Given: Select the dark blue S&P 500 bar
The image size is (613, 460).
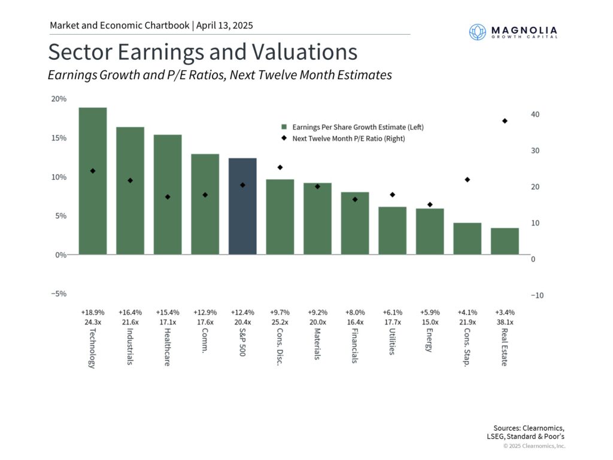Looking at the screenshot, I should pyautogui.click(x=242, y=206).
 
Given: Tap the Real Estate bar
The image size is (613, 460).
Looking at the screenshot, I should pyautogui.click(x=505, y=241).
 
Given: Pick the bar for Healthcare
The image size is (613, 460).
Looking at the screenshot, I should pyautogui.click(x=168, y=194).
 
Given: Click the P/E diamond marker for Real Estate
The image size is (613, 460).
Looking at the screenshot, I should pyautogui.click(x=505, y=121).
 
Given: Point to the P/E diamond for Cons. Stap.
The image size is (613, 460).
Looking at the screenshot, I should pyautogui.click(x=468, y=180).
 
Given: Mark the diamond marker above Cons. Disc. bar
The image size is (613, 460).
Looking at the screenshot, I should pyautogui.click(x=280, y=168).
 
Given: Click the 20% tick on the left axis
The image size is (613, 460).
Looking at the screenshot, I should pyautogui.click(x=59, y=99).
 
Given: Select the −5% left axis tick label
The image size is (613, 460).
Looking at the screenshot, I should pyautogui.click(x=59, y=294).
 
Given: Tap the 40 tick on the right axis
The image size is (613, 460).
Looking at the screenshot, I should pyautogui.click(x=536, y=114).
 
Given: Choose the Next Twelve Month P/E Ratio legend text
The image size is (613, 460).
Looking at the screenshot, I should pyautogui.click(x=348, y=139).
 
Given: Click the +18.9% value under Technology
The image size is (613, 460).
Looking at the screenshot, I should pyautogui.click(x=93, y=313).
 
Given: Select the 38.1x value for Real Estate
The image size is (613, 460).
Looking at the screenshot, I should pyautogui.click(x=505, y=322).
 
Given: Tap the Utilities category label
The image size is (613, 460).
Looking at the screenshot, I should pyautogui.click(x=392, y=341).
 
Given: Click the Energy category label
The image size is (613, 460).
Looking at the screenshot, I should pyautogui.click(x=429, y=340).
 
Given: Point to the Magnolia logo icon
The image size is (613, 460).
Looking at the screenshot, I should pyautogui.click(x=478, y=32).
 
